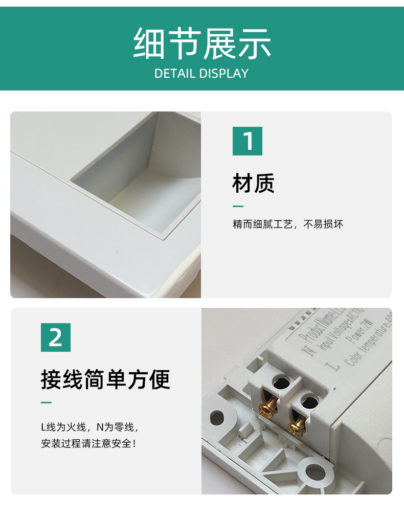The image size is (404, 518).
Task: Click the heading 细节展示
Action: pyautogui.click(x=201, y=44)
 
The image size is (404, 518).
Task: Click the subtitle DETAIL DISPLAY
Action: pyautogui.click(x=201, y=73)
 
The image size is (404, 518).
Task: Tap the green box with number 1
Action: pyautogui.click(x=248, y=141)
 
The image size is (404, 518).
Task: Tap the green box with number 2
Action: pyautogui.click(x=56, y=337)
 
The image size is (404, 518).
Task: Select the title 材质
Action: pyautogui.click(x=254, y=183)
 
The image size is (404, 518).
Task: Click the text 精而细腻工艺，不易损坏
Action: pyautogui.click(x=288, y=224)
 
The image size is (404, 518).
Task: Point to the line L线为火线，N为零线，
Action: pyautogui.click(x=90, y=426)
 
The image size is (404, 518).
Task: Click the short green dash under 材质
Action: pyautogui.click(x=238, y=207)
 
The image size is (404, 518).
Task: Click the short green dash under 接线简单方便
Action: pyautogui.click(x=47, y=403)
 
